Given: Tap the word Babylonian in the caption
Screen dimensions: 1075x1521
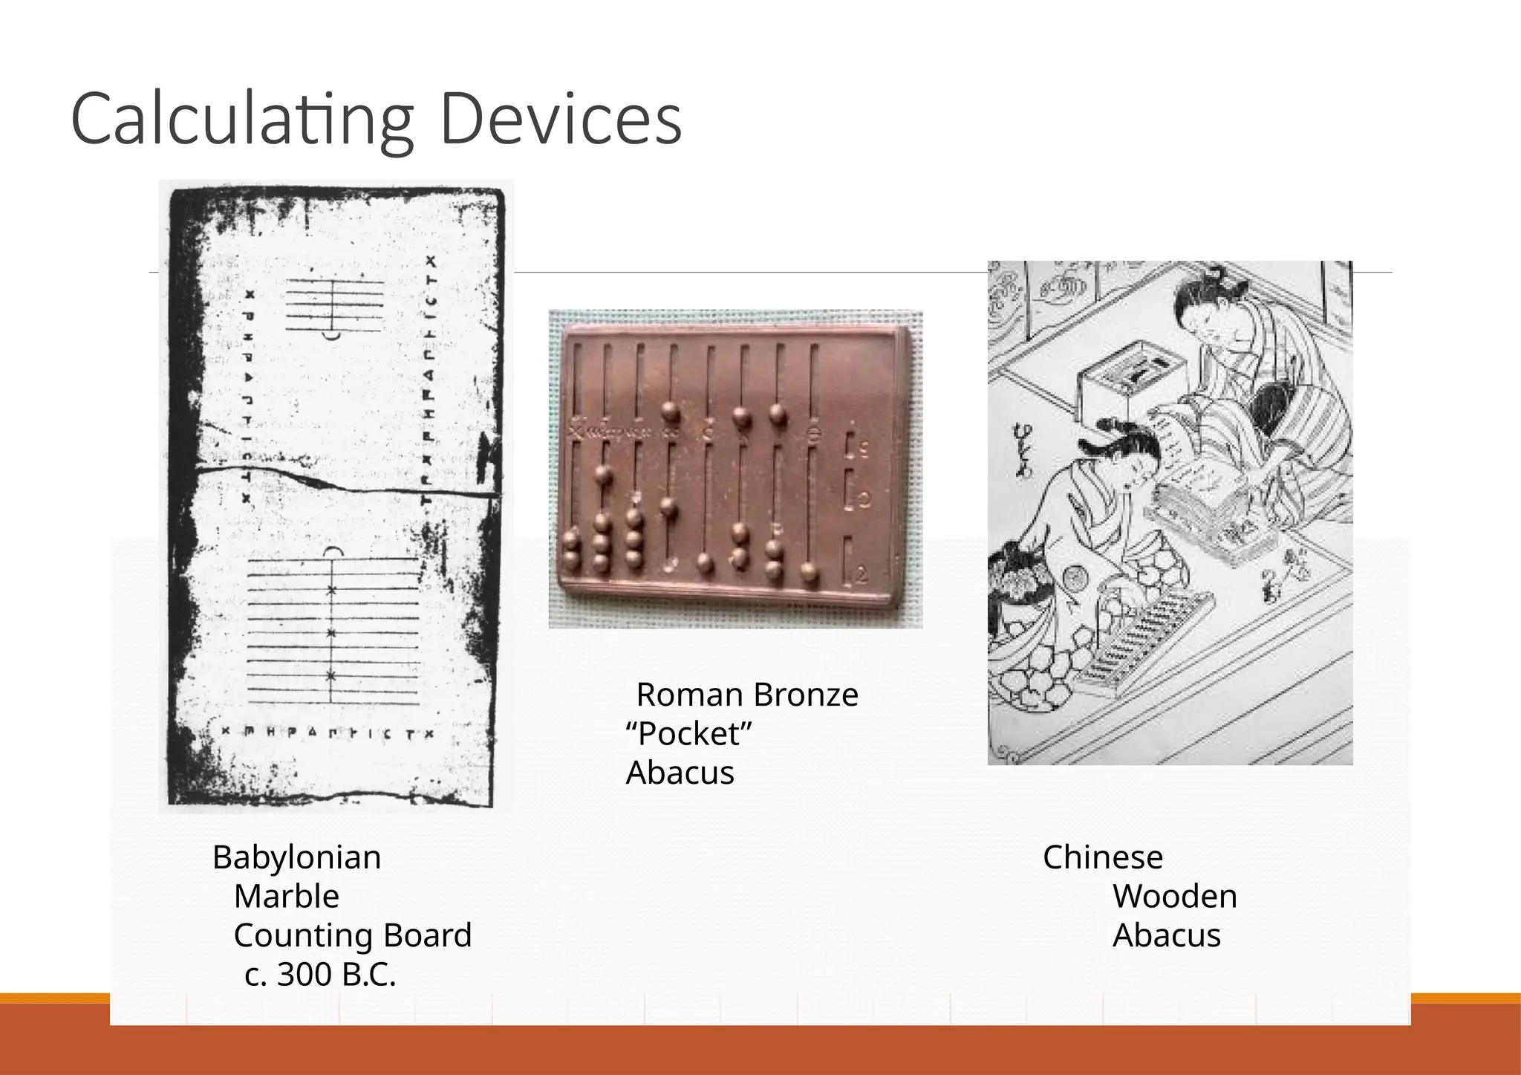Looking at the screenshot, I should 296,857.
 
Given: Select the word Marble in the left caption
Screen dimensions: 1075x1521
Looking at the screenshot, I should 286,896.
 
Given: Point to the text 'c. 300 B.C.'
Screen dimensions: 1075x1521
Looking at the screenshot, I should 320,974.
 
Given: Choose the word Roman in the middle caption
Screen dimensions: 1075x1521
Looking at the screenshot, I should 689,695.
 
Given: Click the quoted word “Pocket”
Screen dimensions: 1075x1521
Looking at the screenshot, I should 688,734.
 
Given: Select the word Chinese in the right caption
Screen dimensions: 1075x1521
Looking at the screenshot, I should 1102,857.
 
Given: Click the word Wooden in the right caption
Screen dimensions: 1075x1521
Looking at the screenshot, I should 1174,896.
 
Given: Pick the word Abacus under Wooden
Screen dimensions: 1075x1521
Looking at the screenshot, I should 1166,935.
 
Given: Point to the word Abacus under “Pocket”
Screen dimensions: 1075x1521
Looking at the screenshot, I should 680,773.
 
